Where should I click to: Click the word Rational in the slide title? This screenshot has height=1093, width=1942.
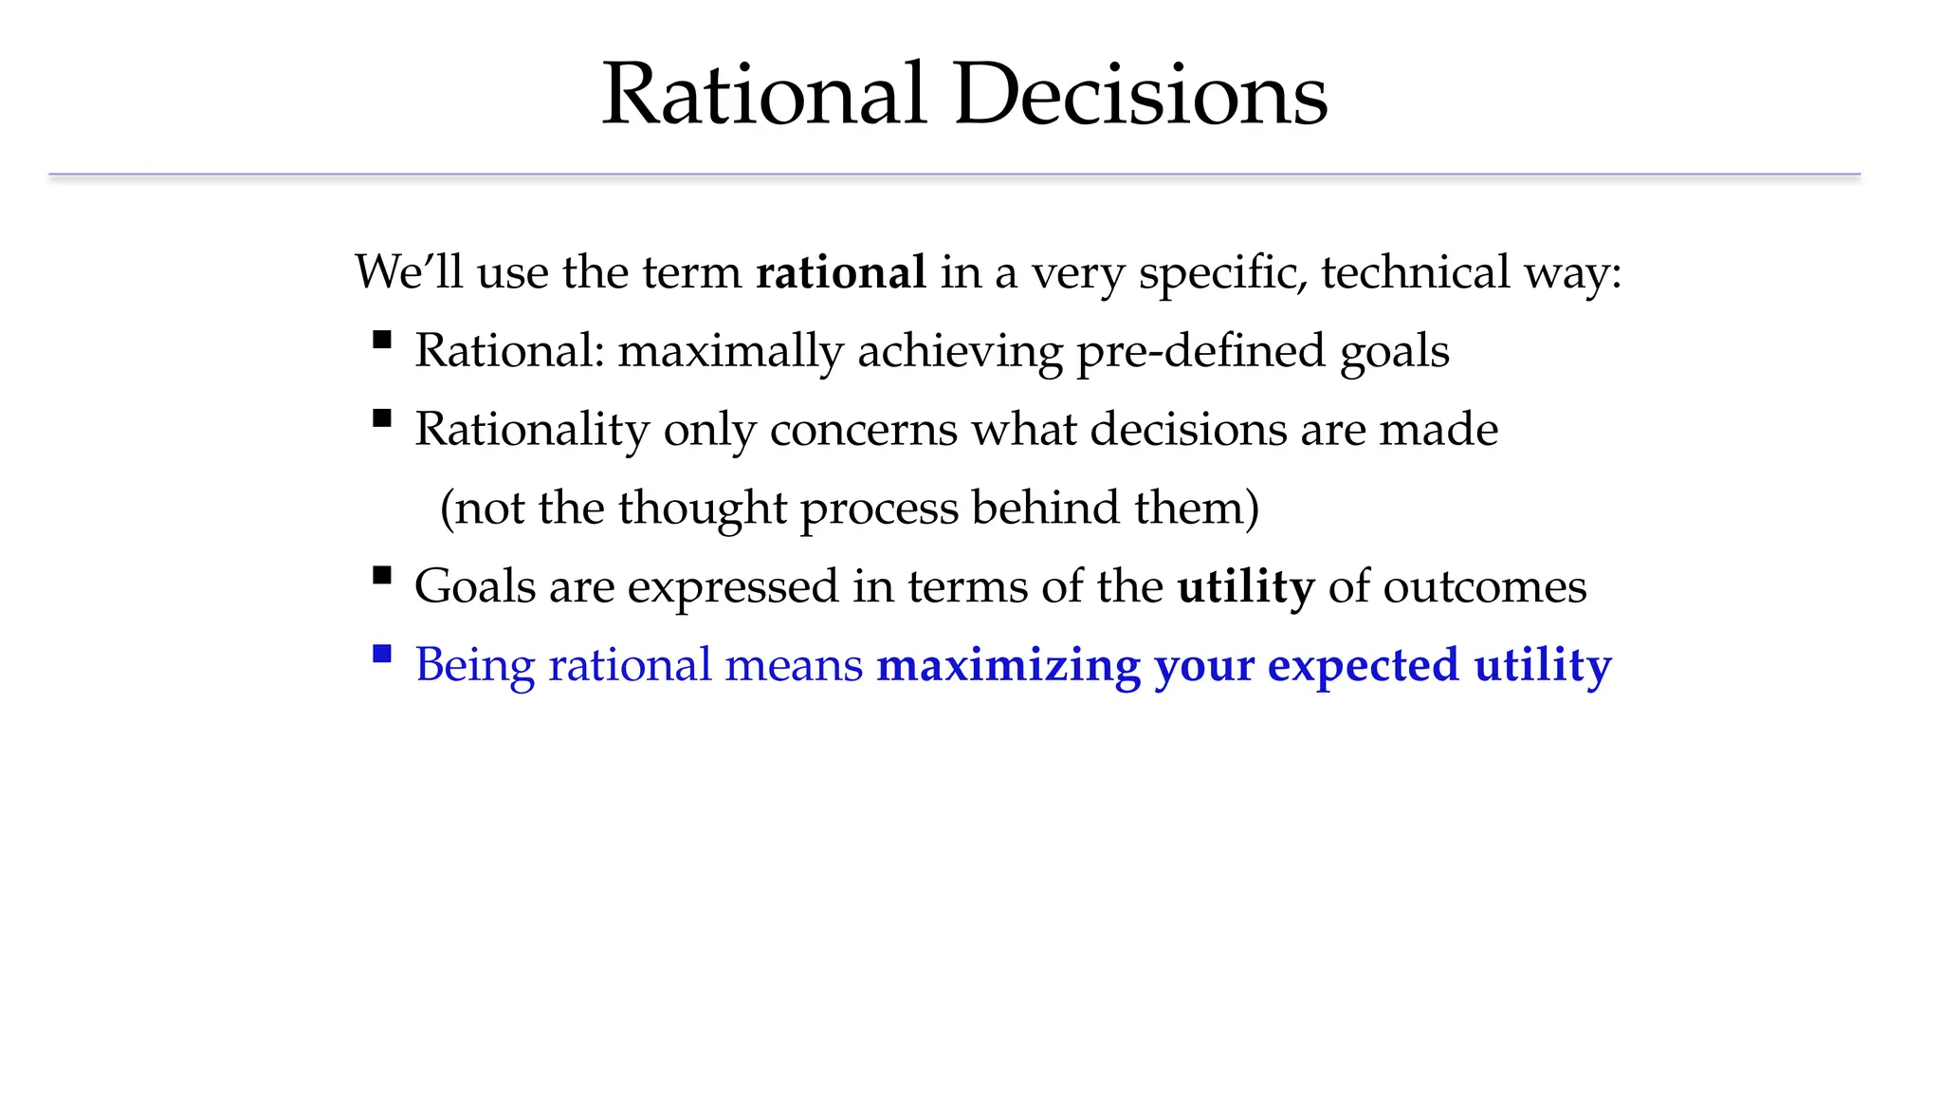[763, 95]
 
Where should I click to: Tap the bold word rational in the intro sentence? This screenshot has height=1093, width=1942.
[840, 272]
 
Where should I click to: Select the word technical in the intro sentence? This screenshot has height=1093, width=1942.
[1414, 272]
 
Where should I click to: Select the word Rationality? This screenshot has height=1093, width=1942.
[531, 431]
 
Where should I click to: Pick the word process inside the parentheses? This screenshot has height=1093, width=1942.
[879, 509]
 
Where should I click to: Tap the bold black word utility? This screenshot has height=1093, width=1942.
[1245, 587]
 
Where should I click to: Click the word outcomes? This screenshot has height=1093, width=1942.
[1484, 587]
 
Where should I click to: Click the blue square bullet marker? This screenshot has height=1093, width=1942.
[382, 653]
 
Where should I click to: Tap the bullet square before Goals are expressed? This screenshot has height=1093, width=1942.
[382, 574]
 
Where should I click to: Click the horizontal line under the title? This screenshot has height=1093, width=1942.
[954, 175]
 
